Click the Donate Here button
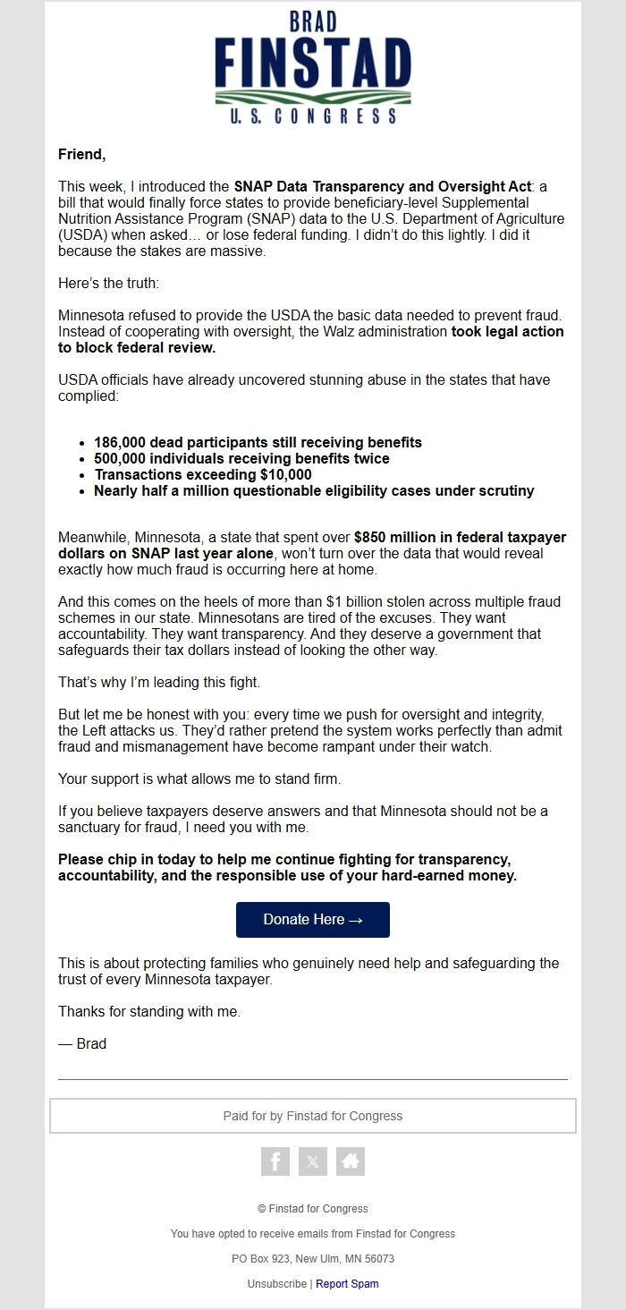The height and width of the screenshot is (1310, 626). [x=312, y=920]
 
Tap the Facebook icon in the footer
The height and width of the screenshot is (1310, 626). [x=275, y=1161]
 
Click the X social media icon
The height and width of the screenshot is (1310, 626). [x=312, y=1161]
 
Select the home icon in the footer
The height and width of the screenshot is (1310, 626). [x=351, y=1161]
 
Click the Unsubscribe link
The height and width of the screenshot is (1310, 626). [x=277, y=1284]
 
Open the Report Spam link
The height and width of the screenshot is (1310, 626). [x=347, y=1284]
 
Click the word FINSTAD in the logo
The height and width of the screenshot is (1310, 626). [x=312, y=62]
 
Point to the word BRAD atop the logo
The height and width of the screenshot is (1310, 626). [x=312, y=21]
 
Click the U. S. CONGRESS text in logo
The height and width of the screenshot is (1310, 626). [x=312, y=116]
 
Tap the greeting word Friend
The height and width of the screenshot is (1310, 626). [x=81, y=155]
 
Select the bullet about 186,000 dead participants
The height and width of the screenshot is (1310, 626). [x=258, y=442]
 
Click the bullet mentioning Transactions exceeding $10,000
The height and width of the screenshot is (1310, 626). [x=203, y=474]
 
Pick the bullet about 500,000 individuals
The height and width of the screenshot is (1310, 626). [x=241, y=458]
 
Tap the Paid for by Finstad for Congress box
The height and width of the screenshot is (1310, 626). [x=312, y=1116]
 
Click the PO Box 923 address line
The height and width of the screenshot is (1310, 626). [x=312, y=1259]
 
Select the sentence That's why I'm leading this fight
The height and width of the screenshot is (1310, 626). [x=159, y=683]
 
